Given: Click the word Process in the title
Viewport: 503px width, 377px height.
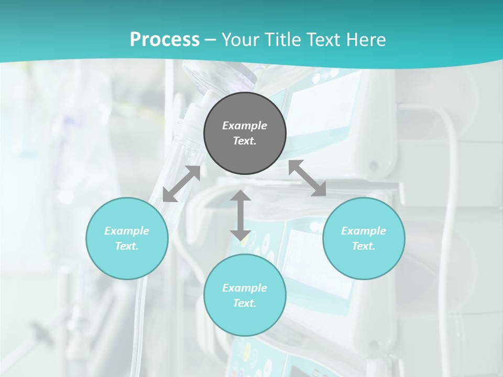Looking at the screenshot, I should click(165, 40).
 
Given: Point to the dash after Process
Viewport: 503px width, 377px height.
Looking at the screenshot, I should click(211, 41).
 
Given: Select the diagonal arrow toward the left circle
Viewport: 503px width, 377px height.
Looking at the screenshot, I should click(181, 184).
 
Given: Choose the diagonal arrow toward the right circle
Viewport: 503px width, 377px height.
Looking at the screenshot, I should click(307, 178).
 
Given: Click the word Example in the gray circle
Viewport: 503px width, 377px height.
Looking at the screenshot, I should click(245, 126).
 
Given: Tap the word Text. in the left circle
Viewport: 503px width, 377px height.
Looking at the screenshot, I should click(127, 246).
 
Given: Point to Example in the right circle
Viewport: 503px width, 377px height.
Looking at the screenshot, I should click(364, 231).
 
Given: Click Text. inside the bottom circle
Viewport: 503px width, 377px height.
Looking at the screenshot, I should click(245, 303).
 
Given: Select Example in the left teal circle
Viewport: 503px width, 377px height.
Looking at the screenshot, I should click(127, 231).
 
